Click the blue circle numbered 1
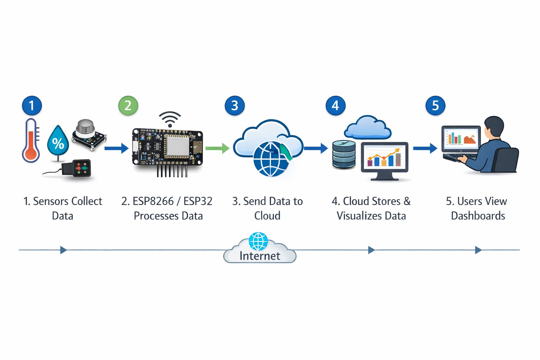pyautogui.click(x=32, y=105)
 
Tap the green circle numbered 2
pyautogui.click(x=128, y=105)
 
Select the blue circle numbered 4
pyautogui.click(x=335, y=105)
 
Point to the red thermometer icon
pyautogui.click(x=31, y=141)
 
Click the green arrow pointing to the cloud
pyautogui.click(x=217, y=148)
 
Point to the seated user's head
pyautogui.click(x=494, y=127)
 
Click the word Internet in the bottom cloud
pyautogui.click(x=260, y=256)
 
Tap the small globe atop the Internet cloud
pyautogui.click(x=258, y=241)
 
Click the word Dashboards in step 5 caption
pyautogui.click(x=478, y=216)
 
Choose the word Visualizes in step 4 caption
pyautogui.click(x=359, y=216)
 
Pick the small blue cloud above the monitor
pyautogui.click(x=368, y=127)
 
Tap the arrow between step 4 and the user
pyautogui.click(x=425, y=148)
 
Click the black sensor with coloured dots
pyautogui.click(x=81, y=168)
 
